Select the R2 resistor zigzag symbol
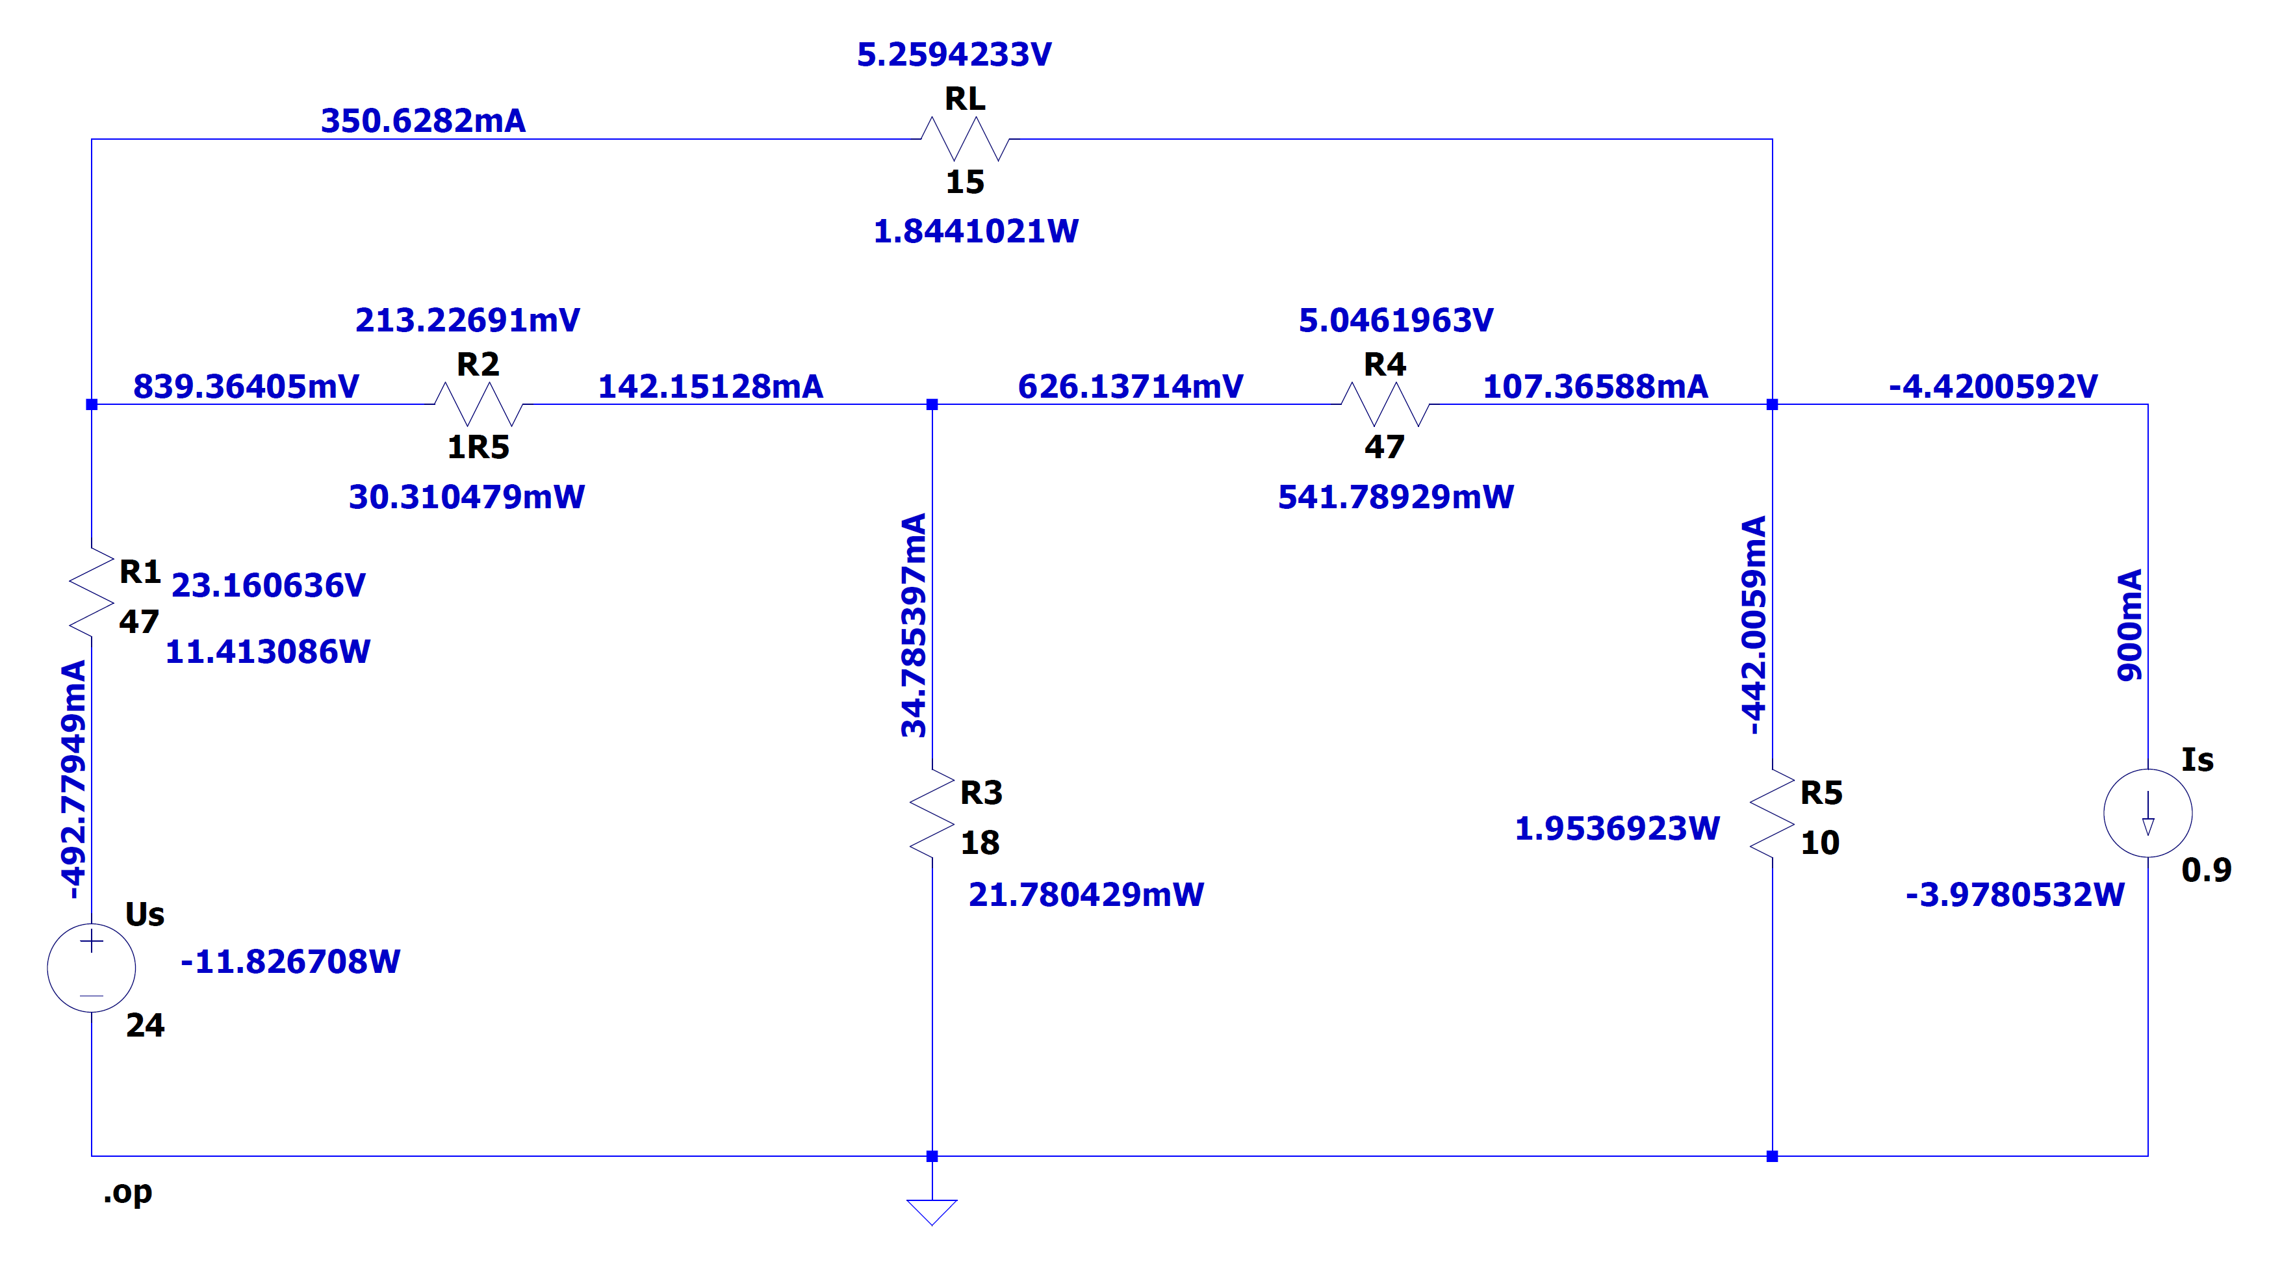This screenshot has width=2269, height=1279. pos(478,404)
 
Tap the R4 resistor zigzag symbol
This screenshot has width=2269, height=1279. pos(1385,404)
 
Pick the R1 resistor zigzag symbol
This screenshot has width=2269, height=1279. pos(92,592)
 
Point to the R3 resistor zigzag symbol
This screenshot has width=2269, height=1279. pos(932,813)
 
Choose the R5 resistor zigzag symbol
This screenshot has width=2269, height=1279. pos(1772,813)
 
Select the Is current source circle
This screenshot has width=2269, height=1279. pos(2147,813)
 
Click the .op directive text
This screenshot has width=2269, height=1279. pos(128,1192)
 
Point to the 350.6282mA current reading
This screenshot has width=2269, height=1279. pos(423,121)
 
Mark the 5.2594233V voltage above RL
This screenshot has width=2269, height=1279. pos(954,55)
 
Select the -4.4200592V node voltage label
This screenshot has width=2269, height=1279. pos(1992,386)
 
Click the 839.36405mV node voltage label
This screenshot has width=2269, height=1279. pos(246,386)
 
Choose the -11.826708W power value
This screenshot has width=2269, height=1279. pos(290,961)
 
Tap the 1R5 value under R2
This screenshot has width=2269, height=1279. pos(478,448)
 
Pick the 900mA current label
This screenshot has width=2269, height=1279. pos(2130,625)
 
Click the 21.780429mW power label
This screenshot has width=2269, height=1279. pos(1085,895)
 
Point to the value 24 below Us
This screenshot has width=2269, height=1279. pos(144,1024)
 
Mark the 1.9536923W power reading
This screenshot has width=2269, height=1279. pos(1617,828)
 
